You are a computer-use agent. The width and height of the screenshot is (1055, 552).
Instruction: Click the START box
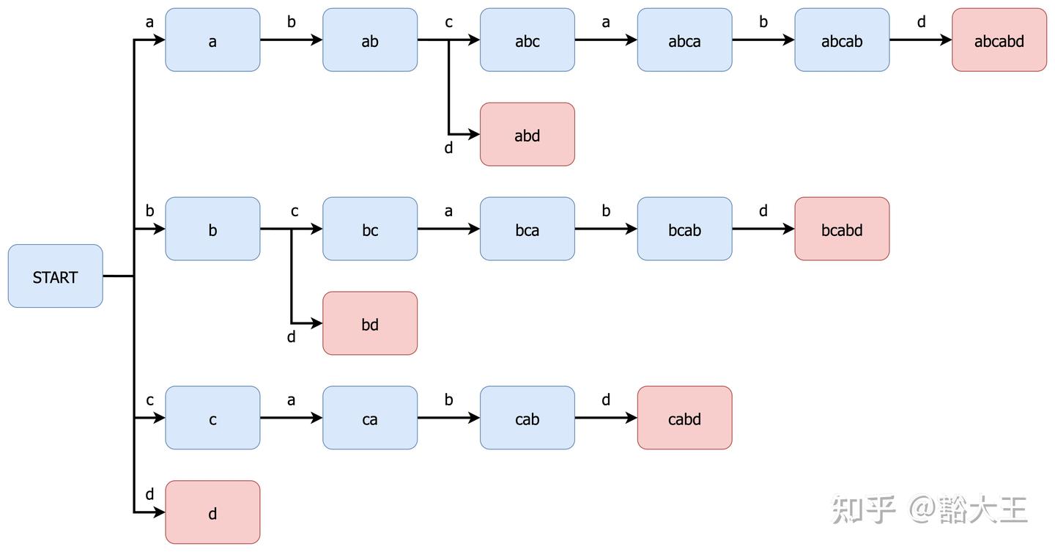pyautogui.click(x=56, y=276)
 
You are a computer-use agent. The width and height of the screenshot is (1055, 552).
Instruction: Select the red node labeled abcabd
pyautogui.click(x=999, y=40)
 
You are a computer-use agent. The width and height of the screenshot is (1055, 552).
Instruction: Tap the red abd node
pyautogui.click(x=527, y=134)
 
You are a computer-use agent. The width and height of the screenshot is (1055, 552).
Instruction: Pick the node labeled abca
pyautogui.click(x=684, y=40)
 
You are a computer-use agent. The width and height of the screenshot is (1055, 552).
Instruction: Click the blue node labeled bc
pyautogui.click(x=370, y=229)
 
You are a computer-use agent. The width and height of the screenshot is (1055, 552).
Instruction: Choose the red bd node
pyautogui.click(x=370, y=323)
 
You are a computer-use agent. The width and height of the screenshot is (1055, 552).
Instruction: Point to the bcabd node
pyautogui.click(x=842, y=229)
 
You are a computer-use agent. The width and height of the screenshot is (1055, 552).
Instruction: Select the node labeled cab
pyautogui.click(x=527, y=418)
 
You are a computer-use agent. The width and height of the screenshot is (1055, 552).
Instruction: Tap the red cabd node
pyautogui.click(x=684, y=418)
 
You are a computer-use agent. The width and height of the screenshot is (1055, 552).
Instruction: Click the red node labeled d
pyautogui.click(x=212, y=512)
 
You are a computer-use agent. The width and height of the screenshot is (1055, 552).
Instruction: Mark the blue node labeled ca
pyautogui.click(x=370, y=418)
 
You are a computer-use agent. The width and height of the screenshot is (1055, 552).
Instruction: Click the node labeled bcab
pyautogui.click(x=684, y=229)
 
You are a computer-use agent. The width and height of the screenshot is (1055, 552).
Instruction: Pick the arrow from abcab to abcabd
pyautogui.click(x=921, y=40)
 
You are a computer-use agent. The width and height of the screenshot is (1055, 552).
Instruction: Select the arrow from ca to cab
pyautogui.click(x=449, y=418)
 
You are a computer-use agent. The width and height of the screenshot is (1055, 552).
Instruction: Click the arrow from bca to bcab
pyautogui.click(x=606, y=229)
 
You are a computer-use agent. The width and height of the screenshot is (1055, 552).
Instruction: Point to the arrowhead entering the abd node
pyautogui.click(x=474, y=134)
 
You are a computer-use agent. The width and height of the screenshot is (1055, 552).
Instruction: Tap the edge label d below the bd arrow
pyautogui.click(x=292, y=336)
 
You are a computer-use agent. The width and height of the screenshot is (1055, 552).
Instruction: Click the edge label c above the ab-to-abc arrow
pyautogui.click(x=449, y=22)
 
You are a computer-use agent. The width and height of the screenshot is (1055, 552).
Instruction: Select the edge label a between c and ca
pyautogui.click(x=291, y=400)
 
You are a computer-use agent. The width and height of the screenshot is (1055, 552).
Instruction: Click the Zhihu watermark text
pyautogui.click(x=929, y=509)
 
